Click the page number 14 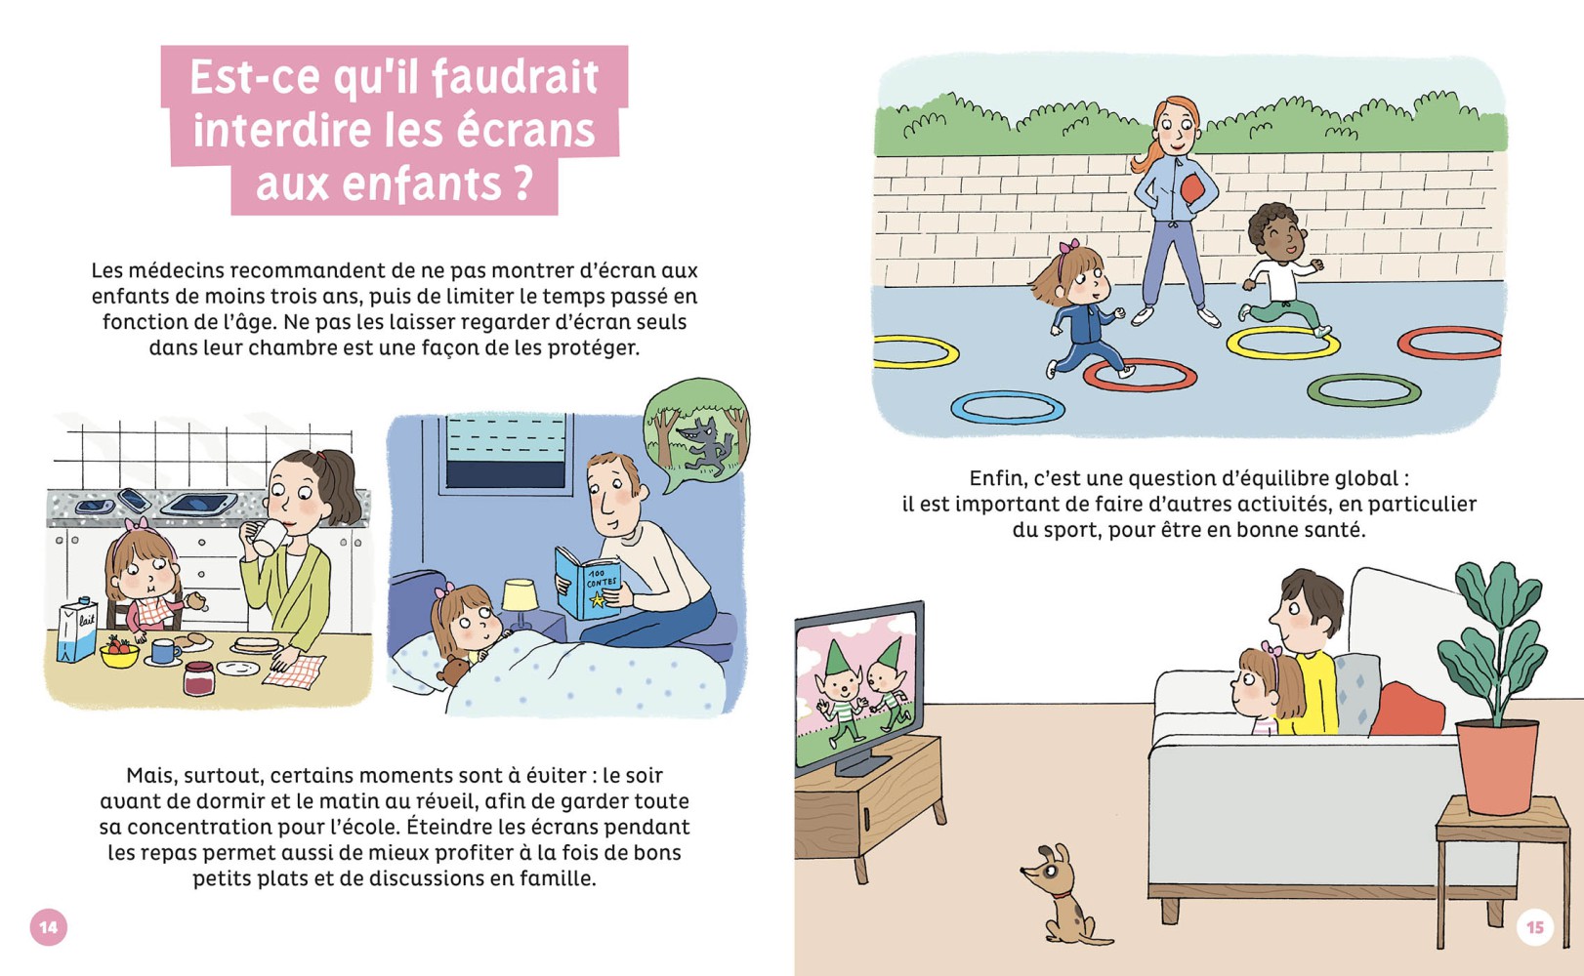[x=49, y=926]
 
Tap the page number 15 [x=1534, y=926]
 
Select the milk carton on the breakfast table [x=77, y=631]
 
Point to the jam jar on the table [x=198, y=678]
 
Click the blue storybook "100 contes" [x=588, y=584]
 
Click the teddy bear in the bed [x=452, y=671]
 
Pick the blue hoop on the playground [x=1008, y=407]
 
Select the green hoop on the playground [x=1363, y=390]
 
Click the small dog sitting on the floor [x=1060, y=893]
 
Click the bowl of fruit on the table [x=119, y=652]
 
